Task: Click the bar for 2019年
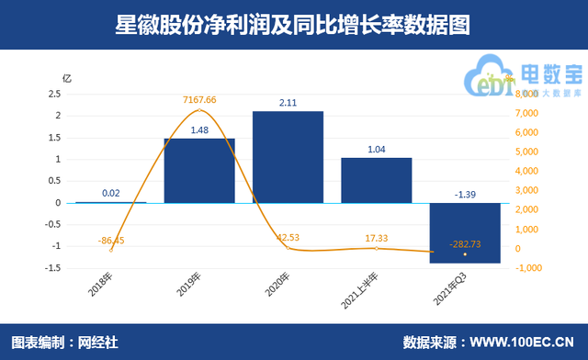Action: (198, 170)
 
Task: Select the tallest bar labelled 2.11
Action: (288, 156)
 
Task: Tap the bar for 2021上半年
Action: (376, 180)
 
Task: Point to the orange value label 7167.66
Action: (198, 99)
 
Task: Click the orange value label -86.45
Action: (111, 240)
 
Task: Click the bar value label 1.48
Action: (198, 129)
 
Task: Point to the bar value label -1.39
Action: (465, 194)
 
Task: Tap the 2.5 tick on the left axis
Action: (54, 94)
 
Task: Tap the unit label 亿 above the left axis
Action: (65, 78)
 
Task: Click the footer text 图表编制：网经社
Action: (63, 343)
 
